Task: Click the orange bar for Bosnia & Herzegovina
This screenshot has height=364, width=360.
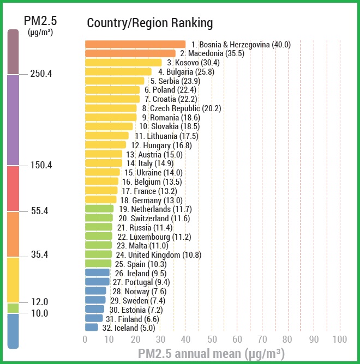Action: [x=135, y=45]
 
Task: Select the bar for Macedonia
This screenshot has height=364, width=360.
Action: [x=130, y=53]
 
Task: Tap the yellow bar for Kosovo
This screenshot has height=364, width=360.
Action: [x=123, y=63]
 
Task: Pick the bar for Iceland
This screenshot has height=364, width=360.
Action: [x=92, y=328]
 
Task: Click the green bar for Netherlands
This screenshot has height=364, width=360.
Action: [x=99, y=209]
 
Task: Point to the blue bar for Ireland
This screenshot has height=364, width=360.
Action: [x=97, y=273]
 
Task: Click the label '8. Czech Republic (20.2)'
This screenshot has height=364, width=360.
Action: [x=181, y=108]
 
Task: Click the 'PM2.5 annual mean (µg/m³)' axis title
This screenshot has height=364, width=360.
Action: [x=212, y=354]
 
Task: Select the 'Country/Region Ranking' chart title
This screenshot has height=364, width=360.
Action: [x=150, y=23]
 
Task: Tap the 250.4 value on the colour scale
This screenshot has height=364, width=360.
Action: [x=41, y=74]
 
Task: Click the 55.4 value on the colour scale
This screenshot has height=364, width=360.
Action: [x=40, y=211]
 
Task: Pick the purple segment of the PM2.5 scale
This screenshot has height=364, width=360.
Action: [x=13, y=120]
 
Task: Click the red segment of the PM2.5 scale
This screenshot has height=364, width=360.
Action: [x=13, y=189]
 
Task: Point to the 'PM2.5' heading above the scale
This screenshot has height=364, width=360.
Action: [x=40, y=21]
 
